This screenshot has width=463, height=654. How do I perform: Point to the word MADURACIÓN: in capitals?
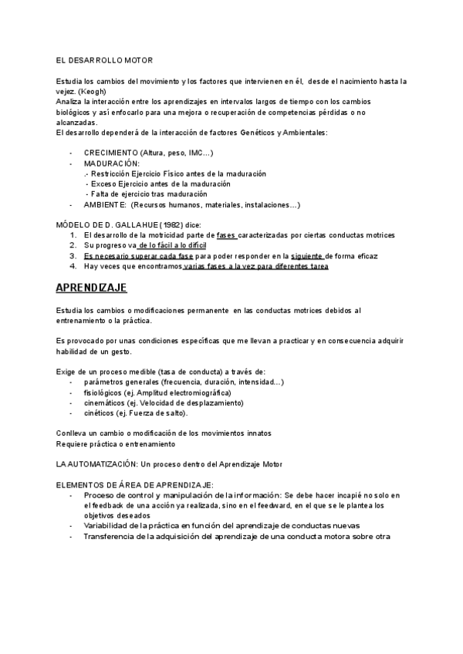click(112, 163)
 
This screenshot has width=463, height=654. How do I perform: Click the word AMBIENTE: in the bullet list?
click(106, 204)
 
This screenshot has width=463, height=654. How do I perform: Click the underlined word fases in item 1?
click(226, 234)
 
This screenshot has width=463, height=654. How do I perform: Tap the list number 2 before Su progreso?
click(73, 245)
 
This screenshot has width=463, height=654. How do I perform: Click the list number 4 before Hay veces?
click(73, 266)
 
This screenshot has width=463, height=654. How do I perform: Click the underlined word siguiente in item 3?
click(306, 255)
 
